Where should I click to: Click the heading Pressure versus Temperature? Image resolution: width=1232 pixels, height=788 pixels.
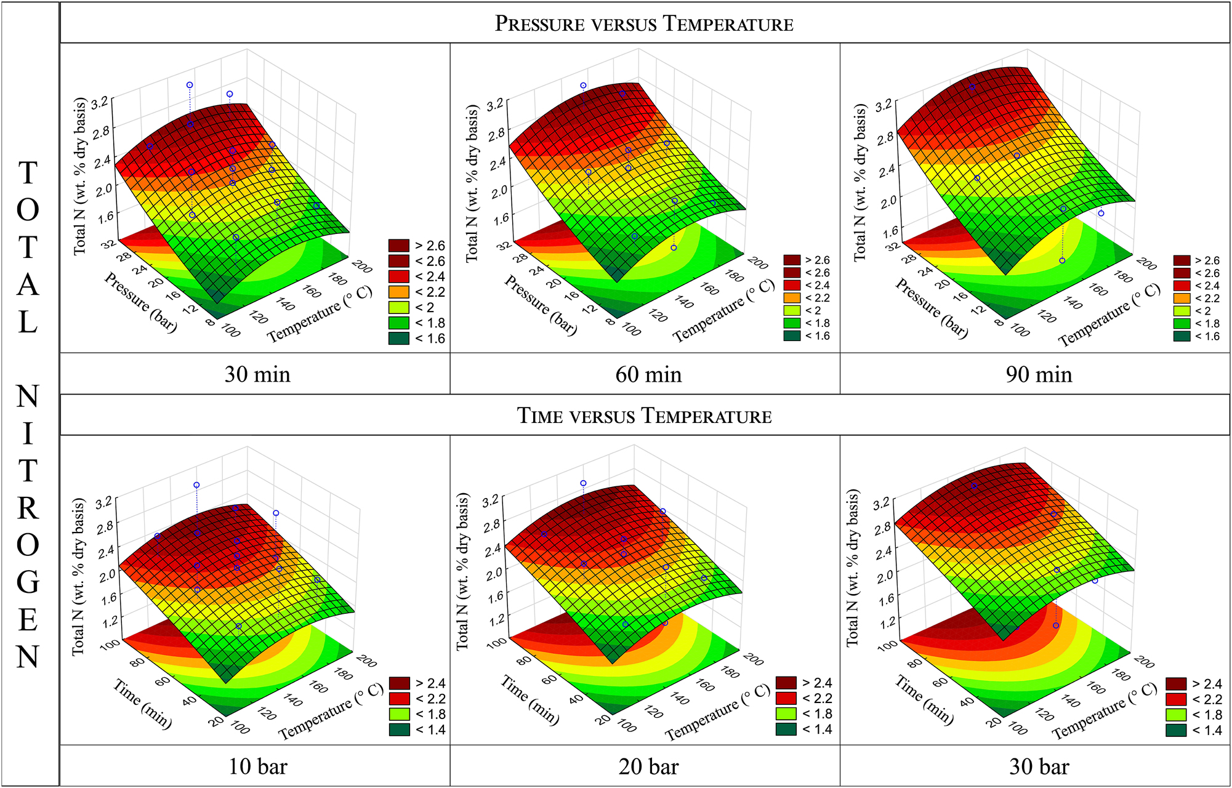[644, 23]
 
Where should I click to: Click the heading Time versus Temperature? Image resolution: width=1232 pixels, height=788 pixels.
[644, 416]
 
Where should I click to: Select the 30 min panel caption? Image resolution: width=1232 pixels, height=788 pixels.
[257, 374]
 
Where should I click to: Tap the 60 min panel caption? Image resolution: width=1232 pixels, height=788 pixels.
[648, 374]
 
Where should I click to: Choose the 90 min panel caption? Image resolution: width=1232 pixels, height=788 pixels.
[1039, 374]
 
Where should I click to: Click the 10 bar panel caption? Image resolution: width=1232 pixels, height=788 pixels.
[257, 766]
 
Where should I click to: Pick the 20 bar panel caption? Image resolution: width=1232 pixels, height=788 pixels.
[648, 766]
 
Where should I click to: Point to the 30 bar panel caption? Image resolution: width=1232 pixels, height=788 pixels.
[1039, 766]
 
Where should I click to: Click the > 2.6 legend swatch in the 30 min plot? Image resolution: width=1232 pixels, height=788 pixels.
[399, 246]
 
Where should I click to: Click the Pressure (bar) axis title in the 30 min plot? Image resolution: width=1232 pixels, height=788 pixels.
[140, 302]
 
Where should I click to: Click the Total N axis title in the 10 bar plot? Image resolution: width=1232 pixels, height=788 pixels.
[79, 577]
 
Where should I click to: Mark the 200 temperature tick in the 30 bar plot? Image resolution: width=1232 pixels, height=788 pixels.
[1144, 662]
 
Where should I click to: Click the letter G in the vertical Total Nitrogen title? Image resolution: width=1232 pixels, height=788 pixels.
[28, 582]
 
